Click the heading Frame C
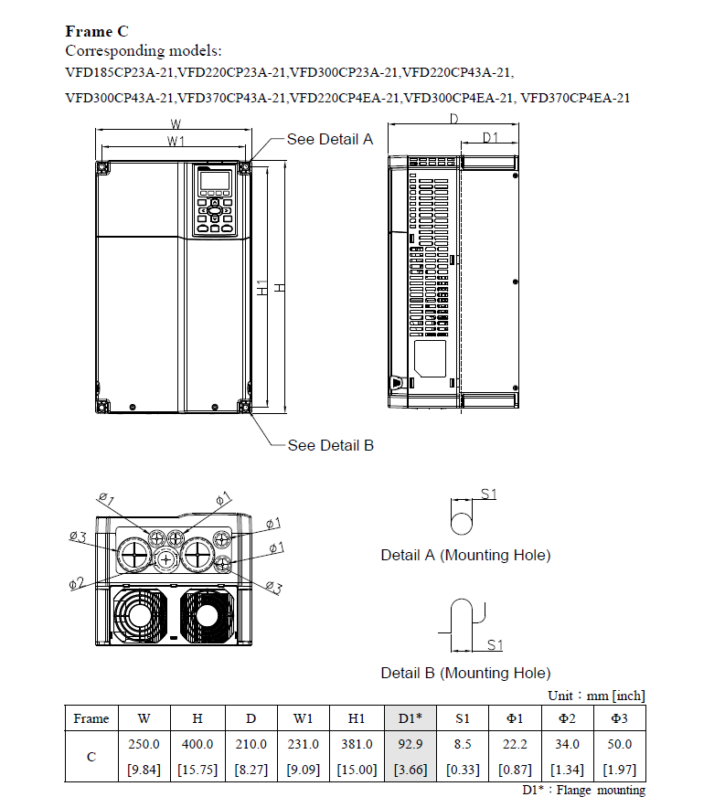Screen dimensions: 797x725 click(95, 32)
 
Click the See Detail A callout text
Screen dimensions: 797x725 click(330, 139)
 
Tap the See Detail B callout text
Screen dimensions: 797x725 click(330, 445)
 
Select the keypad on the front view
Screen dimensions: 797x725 click(214, 202)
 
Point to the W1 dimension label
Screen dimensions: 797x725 click(176, 141)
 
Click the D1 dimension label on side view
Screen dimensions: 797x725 click(491, 138)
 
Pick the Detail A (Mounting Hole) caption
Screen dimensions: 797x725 click(465, 555)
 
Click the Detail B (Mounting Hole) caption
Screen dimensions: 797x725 click(465, 673)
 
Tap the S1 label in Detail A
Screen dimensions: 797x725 click(488, 494)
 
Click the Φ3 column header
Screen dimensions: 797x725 click(620, 718)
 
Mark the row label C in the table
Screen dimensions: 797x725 click(91, 757)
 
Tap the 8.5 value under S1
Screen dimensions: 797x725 click(463, 744)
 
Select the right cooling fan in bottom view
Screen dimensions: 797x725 click(208, 617)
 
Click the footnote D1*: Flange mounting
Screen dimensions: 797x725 click(583, 790)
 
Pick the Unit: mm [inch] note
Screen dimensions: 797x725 click(596, 696)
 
